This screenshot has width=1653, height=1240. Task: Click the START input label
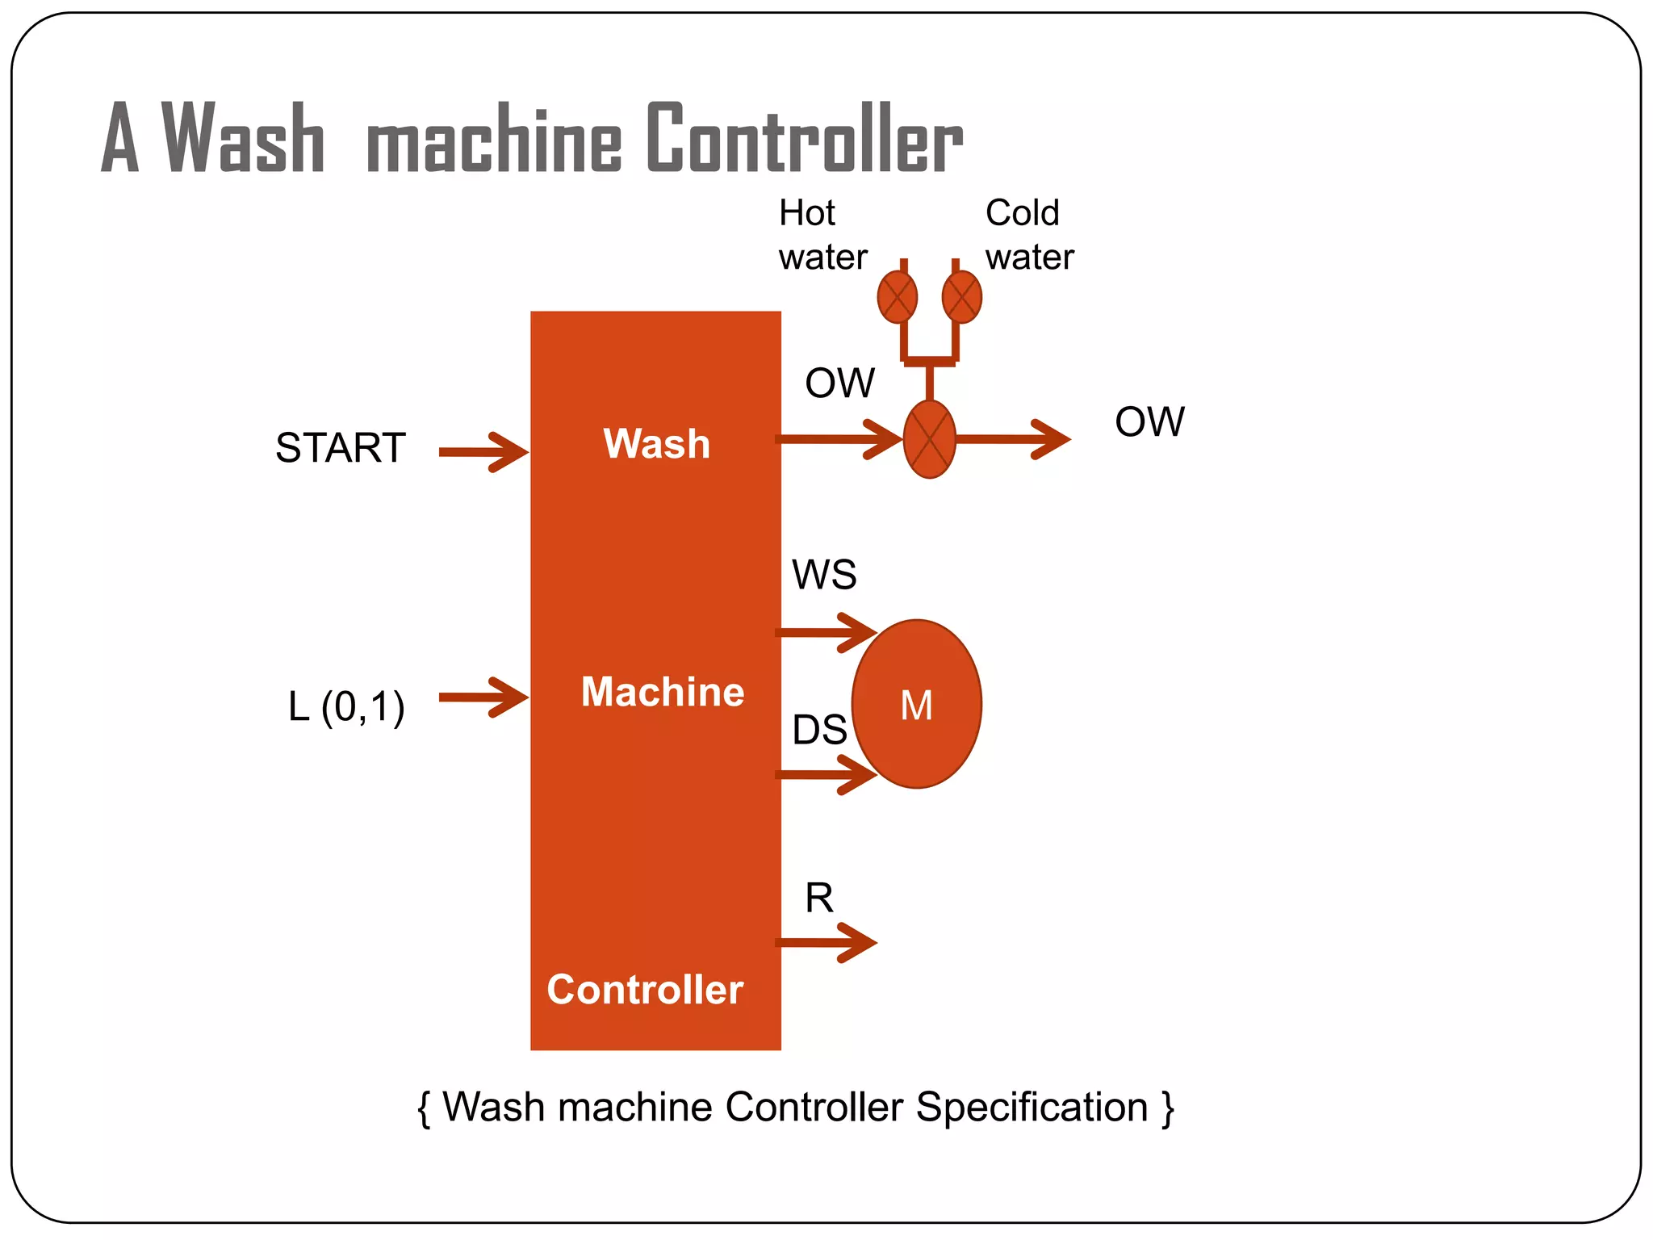point(340,448)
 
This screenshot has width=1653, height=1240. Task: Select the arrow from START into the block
point(483,452)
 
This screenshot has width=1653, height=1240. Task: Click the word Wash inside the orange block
point(656,444)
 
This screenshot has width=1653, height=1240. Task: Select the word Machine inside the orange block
point(662,692)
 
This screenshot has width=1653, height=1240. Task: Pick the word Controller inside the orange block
point(644,990)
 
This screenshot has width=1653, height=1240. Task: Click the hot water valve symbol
point(897,297)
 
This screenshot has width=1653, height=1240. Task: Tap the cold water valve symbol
point(961,297)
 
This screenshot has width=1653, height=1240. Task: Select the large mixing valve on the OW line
point(929,439)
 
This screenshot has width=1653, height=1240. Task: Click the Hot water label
point(822,235)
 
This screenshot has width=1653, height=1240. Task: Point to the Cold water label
point(1028,235)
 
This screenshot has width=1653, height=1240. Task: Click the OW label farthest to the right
point(1149,421)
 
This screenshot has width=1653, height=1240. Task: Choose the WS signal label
point(823,575)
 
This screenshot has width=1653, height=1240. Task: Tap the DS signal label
point(818,730)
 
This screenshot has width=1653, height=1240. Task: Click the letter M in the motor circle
point(916,706)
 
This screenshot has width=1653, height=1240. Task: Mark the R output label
point(818,898)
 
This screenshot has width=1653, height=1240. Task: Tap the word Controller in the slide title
point(804,139)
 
